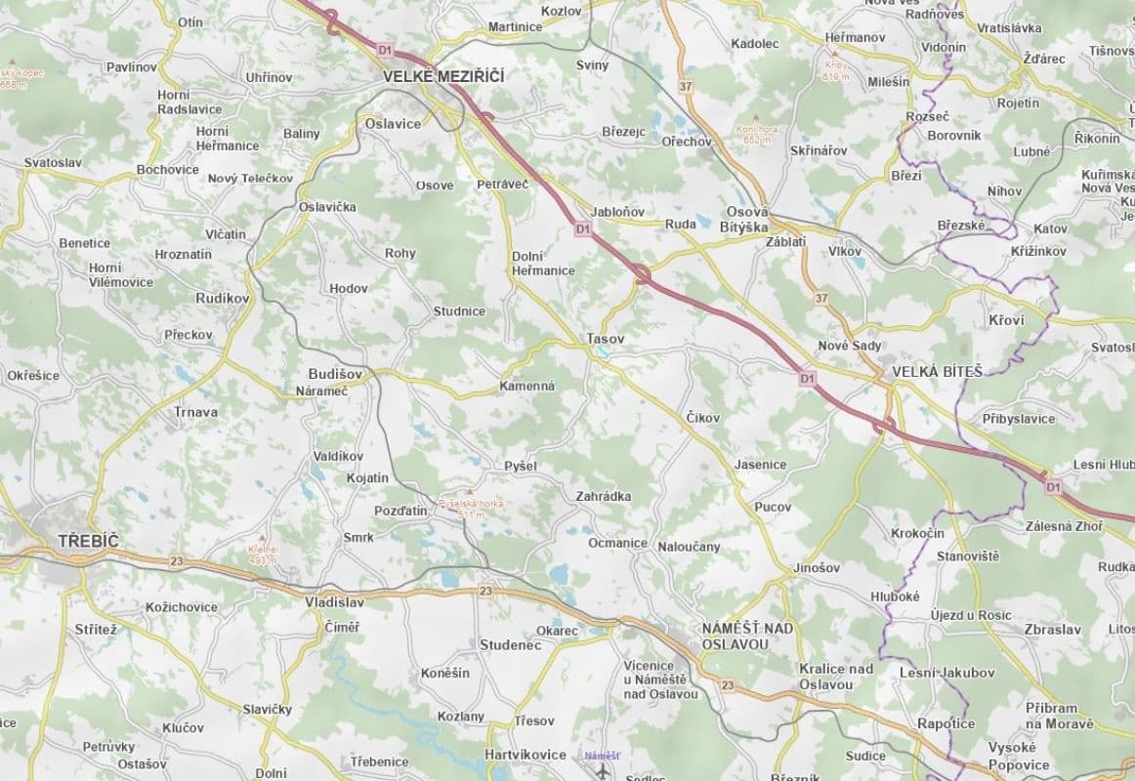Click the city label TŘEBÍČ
point(87,540)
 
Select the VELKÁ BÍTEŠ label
point(937,371)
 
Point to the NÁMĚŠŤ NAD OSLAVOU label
point(749,636)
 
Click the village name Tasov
point(605,339)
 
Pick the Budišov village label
point(335,373)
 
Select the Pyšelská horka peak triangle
point(470,492)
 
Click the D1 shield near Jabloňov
point(582,228)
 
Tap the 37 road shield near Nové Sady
point(820,298)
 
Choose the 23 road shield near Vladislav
point(485,591)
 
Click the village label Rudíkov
point(223,299)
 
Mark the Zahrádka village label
point(603,496)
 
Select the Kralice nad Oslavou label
point(835,676)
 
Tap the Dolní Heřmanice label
point(543,264)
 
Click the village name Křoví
point(1006,320)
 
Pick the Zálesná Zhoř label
point(1064,526)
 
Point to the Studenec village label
point(510,645)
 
